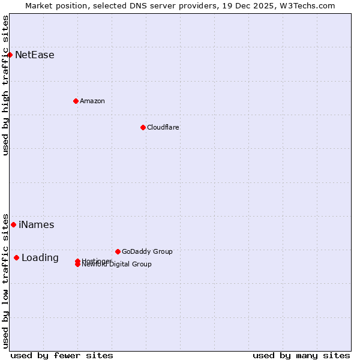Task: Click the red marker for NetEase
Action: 10,55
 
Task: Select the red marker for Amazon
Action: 76,101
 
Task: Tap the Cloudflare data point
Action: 143,127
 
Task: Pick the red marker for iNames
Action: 13,224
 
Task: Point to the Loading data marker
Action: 16,257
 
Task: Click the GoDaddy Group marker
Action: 118,251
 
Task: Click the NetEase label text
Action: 35,55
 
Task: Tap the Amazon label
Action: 92,101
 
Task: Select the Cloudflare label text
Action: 163,127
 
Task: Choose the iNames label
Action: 37,225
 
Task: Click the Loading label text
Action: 40,258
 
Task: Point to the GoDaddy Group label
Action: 147,251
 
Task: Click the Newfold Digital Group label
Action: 117,265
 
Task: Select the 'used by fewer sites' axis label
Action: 62,355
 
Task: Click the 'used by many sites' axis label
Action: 301,355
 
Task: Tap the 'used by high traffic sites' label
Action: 6,85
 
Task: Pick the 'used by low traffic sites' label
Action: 6,280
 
